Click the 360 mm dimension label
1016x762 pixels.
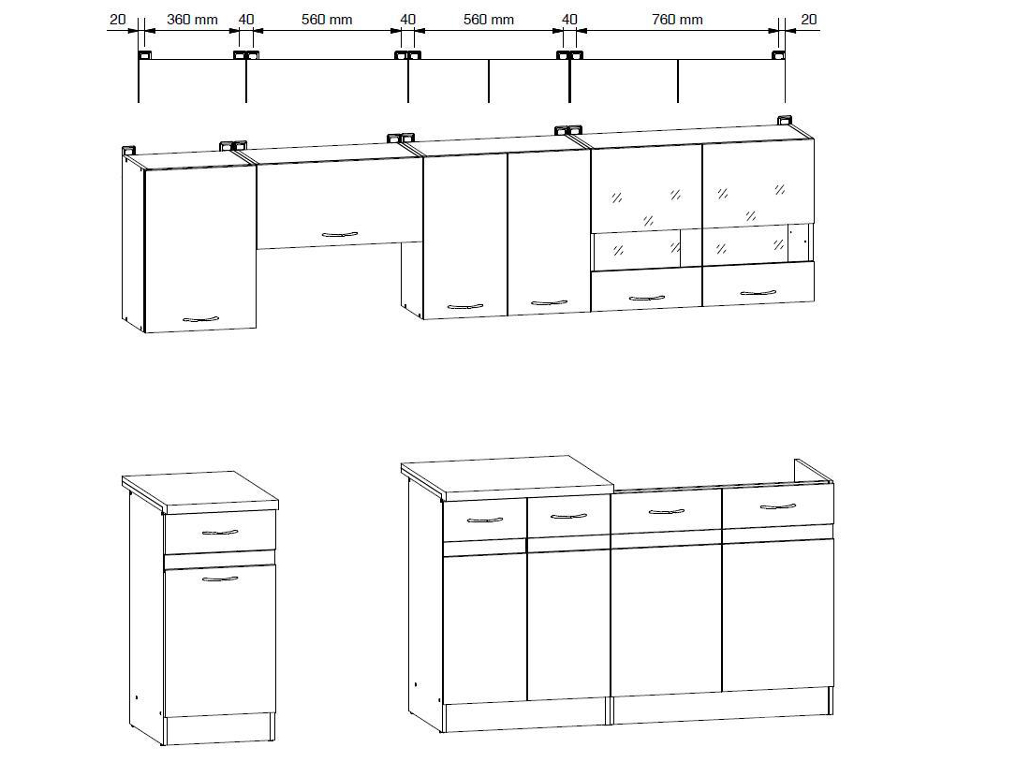[192, 20]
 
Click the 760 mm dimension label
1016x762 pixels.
[677, 20]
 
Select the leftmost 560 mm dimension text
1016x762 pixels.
[327, 20]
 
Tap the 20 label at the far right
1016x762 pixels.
[809, 20]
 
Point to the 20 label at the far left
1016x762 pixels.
[117, 20]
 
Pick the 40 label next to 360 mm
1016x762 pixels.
[246, 20]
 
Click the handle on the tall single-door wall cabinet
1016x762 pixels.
[200, 319]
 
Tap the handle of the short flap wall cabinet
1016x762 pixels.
[340, 234]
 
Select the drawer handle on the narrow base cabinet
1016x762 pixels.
[220, 533]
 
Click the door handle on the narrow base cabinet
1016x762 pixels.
[220, 579]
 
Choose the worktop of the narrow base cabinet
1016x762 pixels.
[200, 491]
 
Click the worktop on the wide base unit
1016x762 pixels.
[508, 476]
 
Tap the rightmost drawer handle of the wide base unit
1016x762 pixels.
[777, 506]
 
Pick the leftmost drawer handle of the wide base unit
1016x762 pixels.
[485, 520]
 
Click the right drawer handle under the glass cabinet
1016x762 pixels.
[758, 293]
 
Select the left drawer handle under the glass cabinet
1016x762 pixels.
[647, 298]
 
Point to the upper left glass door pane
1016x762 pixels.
[646, 188]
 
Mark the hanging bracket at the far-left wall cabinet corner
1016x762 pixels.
[128, 150]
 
